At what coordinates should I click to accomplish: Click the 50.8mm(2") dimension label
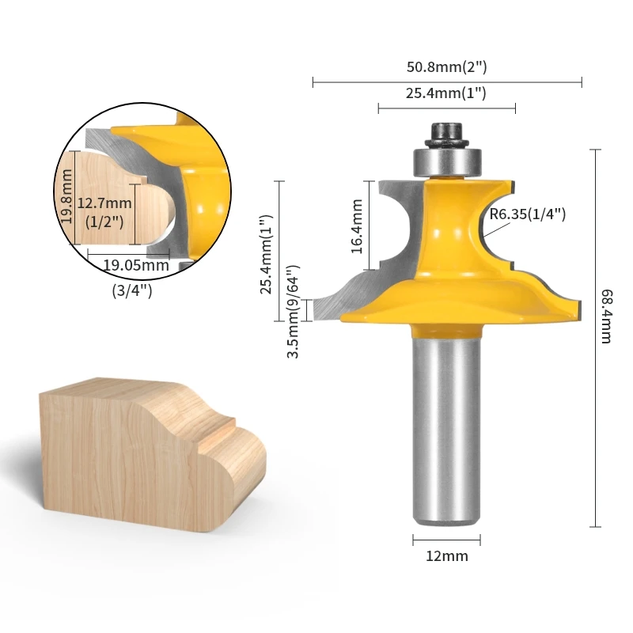[446, 67]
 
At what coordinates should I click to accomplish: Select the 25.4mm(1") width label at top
[446, 93]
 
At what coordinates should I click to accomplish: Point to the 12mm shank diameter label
[446, 555]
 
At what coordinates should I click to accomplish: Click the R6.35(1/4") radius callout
[528, 214]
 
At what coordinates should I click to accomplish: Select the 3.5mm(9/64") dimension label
[294, 311]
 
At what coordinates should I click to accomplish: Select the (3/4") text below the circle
[132, 290]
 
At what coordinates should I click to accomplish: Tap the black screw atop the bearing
[446, 131]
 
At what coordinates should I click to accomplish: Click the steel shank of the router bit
[446, 427]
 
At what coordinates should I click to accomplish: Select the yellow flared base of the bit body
[459, 305]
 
